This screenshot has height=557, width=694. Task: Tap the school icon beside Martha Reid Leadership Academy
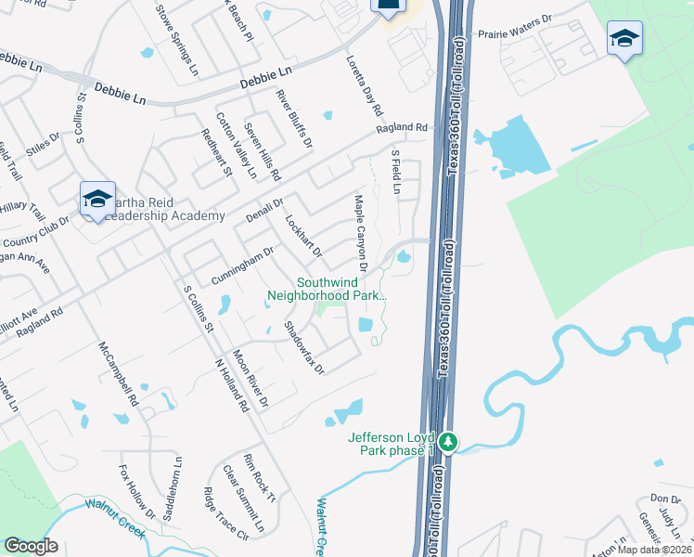[x=97, y=199]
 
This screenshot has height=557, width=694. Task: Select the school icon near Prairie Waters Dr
[x=624, y=39]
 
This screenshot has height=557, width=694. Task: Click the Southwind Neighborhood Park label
[x=326, y=290]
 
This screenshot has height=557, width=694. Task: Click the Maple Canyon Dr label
[x=360, y=233]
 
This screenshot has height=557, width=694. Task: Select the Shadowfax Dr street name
[x=303, y=347]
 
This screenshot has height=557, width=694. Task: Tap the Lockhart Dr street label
[x=302, y=236]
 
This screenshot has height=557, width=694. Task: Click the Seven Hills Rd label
[x=262, y=150]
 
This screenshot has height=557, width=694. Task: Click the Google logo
[x=32, y=545]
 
